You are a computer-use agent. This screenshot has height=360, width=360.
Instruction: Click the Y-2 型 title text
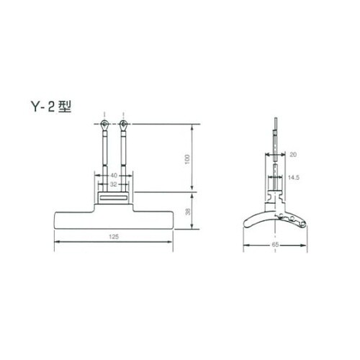coord(51,106)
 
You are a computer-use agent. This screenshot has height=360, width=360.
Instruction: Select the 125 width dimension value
coord(114,237)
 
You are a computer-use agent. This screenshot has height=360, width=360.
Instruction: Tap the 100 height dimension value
coord(187,159)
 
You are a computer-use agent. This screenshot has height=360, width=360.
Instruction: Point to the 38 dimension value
coord(188,212)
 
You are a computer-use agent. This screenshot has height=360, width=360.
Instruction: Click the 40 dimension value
coord(114,176)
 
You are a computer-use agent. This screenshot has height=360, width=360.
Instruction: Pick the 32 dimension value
coord(113,184)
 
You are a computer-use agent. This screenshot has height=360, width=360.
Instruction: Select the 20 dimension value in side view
coord(293,155)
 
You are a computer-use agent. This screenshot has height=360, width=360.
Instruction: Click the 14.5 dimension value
coord(294,178)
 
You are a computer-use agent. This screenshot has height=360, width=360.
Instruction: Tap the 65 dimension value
coord(275,245)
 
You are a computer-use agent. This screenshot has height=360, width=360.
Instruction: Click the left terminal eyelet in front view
coord(104,125)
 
